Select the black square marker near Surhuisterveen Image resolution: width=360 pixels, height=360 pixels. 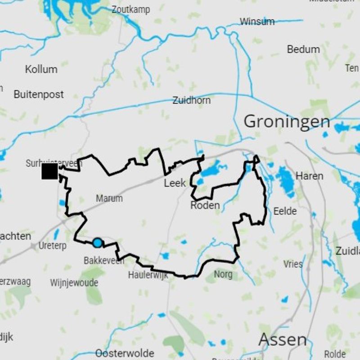pos(49,171)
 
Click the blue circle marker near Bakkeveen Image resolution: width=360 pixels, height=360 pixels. pos(97,243)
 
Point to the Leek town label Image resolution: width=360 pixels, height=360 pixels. pos(175,183)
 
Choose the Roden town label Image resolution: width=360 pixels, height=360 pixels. pos(205,206)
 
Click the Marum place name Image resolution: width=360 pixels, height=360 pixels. pos(109,198)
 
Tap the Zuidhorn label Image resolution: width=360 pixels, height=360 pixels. pos(191,100)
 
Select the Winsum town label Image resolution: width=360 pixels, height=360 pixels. pos(257,22)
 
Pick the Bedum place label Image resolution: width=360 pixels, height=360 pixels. pos(303,49)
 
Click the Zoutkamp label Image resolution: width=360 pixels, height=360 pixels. pos(130,9)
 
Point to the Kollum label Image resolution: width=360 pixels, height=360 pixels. pos(41,69)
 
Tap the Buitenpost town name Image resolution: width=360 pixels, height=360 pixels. pos(39,94)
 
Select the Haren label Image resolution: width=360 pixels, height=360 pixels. pos(310,176)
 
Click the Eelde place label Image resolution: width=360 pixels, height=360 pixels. pos(285,211)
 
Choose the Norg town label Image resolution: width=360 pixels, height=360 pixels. pos(223,274)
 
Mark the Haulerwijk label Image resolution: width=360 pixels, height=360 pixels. pos(148,274)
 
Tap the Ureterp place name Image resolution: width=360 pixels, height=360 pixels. pos(52,246)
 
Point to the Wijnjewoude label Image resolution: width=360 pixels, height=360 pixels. pos(74,283)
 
